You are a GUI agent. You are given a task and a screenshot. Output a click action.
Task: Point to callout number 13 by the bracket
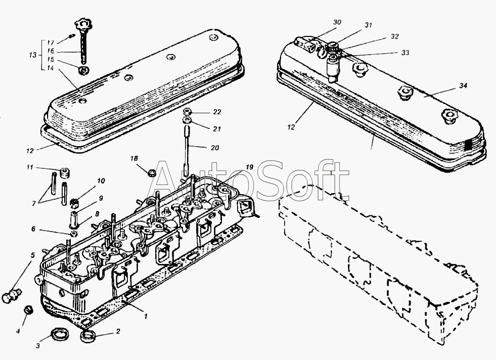click(33, 55)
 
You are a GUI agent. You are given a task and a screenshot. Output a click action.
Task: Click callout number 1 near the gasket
click(146, 317)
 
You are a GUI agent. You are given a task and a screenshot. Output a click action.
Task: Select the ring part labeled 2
click(89, 336)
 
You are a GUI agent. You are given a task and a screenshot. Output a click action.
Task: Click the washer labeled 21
click(187, 121)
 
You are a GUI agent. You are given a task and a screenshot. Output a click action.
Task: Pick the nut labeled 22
click(187, 111)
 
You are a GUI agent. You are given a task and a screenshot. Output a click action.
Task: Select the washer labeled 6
click(74, 233)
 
